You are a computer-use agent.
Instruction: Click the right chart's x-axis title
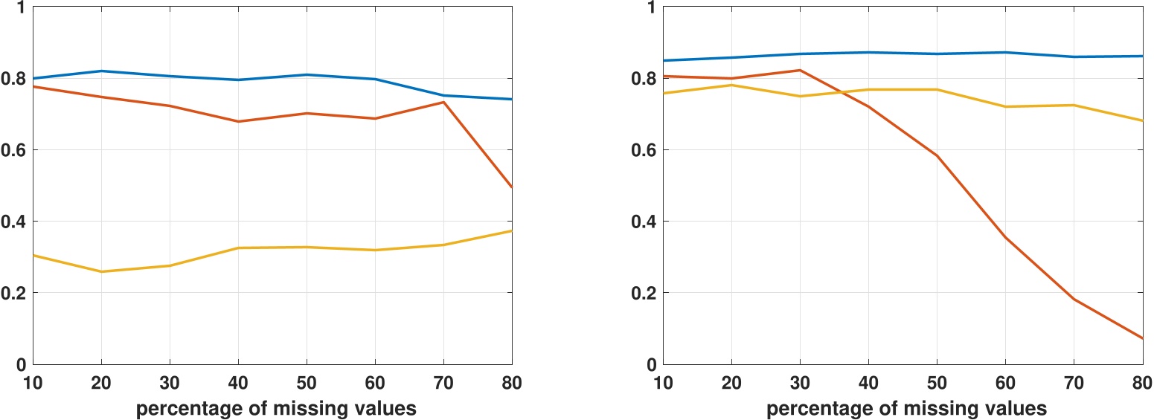[906, 408]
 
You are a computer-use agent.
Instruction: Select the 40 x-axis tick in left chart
[237, 384]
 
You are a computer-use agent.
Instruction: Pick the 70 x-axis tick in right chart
[1073, 384]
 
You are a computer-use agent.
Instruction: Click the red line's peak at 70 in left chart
[443, 102]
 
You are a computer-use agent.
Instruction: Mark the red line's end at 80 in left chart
[512, 187]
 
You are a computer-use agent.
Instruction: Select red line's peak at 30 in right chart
[800, 70]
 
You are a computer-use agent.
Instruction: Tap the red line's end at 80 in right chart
[1142, 339]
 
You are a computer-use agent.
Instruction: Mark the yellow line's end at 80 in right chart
[1142, 120]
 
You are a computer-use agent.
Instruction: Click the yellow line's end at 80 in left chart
[512, 230]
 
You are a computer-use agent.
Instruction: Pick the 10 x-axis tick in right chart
[664, 384]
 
